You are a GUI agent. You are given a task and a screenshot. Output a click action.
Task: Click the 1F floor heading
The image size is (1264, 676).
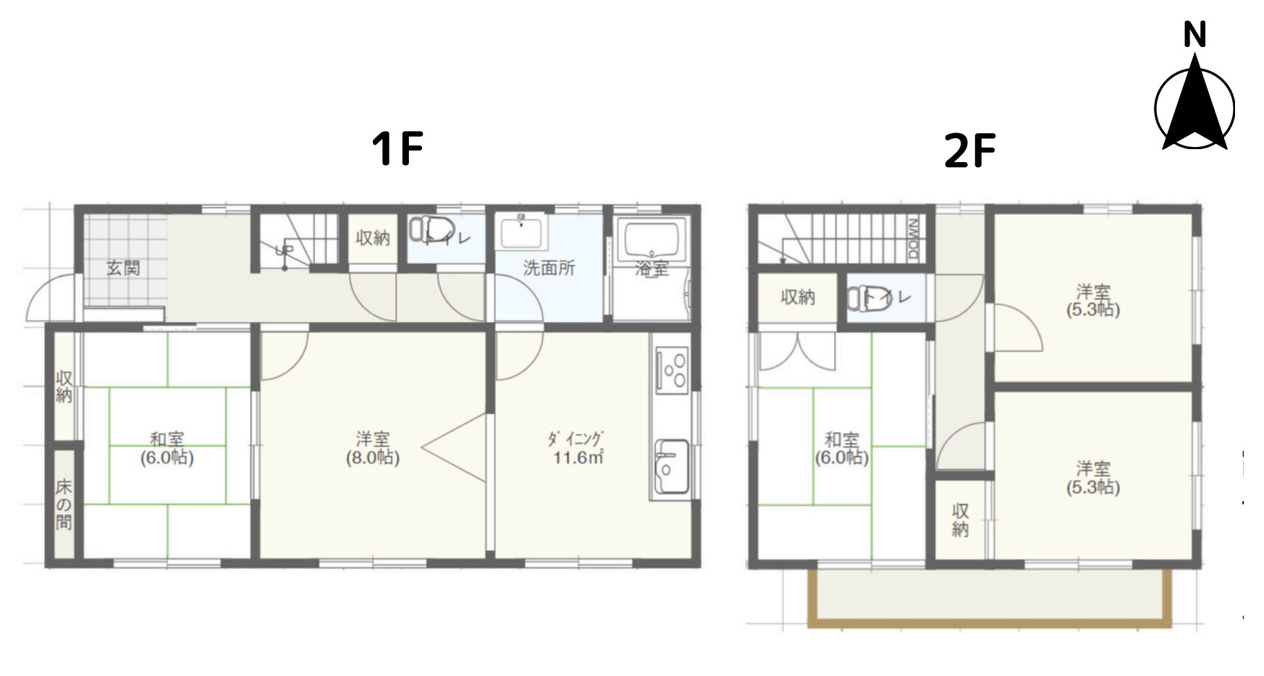click(397, 148)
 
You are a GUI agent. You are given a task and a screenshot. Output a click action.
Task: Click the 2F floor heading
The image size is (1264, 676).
click(969, 151)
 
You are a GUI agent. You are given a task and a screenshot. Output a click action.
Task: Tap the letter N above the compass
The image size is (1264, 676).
click(1195, 35)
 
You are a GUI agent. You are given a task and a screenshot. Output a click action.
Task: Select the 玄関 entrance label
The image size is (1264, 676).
click(123, 268)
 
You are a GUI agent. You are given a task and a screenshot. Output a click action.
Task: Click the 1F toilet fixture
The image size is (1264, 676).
click(427, 229)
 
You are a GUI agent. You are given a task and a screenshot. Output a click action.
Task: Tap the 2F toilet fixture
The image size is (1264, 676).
click(865, 297)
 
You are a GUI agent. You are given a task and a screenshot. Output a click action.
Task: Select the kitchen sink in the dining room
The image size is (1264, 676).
click(672, 467)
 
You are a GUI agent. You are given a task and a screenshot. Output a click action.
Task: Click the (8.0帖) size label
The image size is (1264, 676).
click(372, 457)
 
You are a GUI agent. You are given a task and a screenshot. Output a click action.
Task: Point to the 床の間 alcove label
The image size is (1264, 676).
click(64, 504)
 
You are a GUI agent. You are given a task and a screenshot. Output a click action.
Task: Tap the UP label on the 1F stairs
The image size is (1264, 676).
click(284, 250)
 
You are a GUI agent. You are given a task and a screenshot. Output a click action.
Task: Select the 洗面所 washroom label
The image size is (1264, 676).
click(549, 268)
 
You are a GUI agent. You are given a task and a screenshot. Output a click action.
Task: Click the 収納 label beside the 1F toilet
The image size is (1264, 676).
click(373, 237)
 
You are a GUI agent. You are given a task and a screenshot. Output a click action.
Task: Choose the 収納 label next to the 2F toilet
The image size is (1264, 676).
click(798, 297)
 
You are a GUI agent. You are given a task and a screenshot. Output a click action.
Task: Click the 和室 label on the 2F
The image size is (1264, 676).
click(841, 439)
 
